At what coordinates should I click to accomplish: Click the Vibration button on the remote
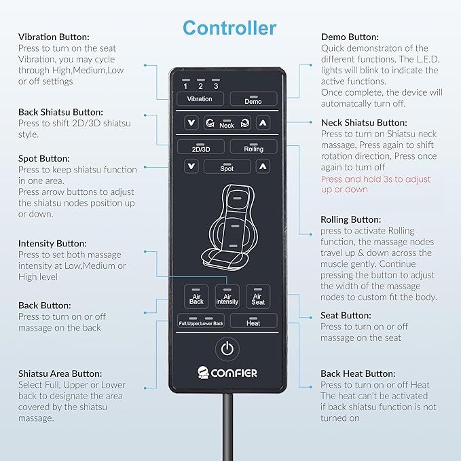[x=200, y=99]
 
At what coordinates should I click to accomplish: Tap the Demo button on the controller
[x=253, y=99]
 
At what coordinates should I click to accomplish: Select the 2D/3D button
[x=201, y=147]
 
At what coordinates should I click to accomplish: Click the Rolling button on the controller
[x=253, y=147]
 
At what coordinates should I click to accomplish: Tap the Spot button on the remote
[x=227, y=166]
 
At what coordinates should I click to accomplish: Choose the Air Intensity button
[x=227, y=296]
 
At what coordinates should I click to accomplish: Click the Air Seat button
[x=258, y=296]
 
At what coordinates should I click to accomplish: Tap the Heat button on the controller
[x=253, y=320]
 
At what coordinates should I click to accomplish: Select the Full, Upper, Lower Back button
[x=201, y=320]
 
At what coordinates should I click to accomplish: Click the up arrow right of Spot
[x=263, y=167]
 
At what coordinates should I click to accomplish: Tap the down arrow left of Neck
[x=191, y=123]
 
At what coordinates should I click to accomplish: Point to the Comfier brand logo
[x=227, y=373]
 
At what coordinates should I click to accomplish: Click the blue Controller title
[x=229, y=28]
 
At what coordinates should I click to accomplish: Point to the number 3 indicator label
[x=216, y=86]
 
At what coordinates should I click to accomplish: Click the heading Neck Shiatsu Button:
[x=364, y=123]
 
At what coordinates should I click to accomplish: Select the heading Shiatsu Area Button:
[x=60, y=373]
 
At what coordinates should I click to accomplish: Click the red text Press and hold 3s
[x=356, y=179]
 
